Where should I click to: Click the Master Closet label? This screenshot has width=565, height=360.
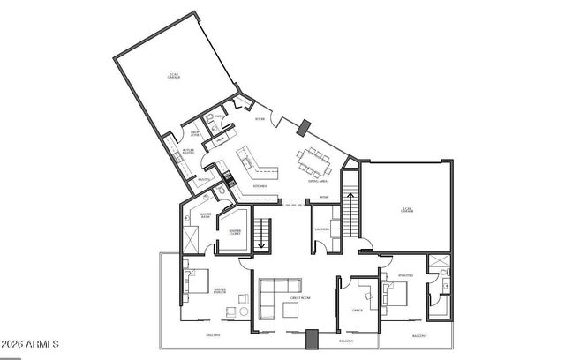(235, 232)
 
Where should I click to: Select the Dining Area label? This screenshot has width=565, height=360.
(319, 181)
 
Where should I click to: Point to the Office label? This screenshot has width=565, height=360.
(358, 310)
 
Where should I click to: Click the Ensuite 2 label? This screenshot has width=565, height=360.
(405, 276)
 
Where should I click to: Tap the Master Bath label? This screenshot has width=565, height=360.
(205, 214)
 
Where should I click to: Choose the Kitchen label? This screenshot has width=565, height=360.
(260, 187)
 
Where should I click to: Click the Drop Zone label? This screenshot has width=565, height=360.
(197, 133)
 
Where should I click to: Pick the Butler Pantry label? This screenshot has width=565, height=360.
(189, 152)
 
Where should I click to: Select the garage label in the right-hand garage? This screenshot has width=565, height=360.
(407, 210)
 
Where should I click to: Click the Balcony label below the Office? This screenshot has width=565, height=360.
(349, 340)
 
